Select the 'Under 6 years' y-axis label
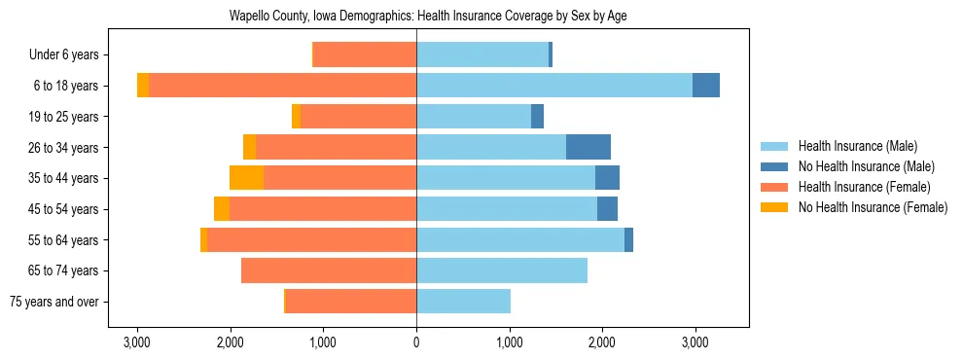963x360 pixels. click(x=70, y=55)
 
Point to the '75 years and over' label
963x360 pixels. click(x=59, y=302)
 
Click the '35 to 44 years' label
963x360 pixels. click(x=69, y=178)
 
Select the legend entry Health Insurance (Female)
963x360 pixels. click(x=864, y=187)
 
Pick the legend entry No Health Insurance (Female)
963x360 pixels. click(x=873, y=207)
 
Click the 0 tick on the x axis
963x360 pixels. click(x=416, y=343)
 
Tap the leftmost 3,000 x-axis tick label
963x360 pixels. click(x=137, y=343)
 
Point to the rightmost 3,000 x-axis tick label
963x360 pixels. click(x=694, y=343)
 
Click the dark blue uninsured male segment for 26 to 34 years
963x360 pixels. click(x=588, y=147)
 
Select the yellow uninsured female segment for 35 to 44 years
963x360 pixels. click(x=246, y=178)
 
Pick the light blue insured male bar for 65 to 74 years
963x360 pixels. click(x=501, y=270)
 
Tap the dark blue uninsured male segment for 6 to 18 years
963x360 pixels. click(x=705, y=86)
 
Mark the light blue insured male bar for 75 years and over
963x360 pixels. click(x=463, y=302)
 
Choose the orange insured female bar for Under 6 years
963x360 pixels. click(x=365, y=55)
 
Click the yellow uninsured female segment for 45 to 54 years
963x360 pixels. click(x=222, y=209)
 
